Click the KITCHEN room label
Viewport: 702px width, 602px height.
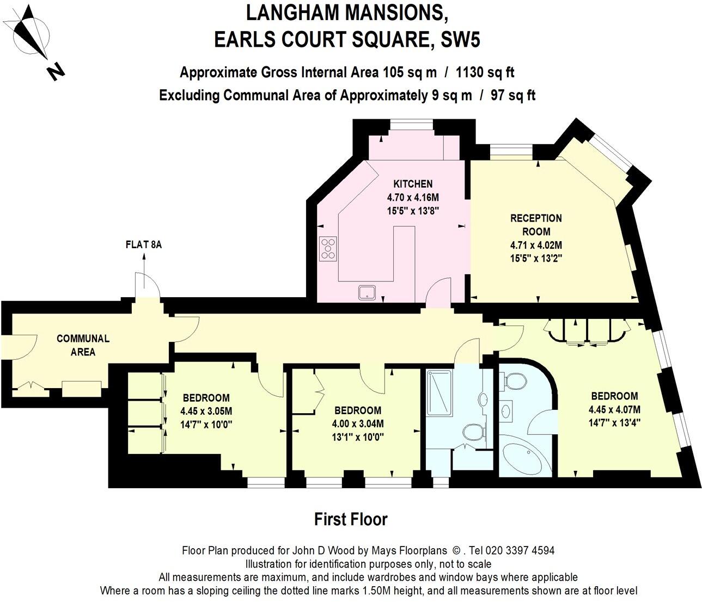(412, 184)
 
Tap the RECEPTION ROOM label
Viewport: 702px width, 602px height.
(536, 225)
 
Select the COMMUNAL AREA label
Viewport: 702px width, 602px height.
(83, 345)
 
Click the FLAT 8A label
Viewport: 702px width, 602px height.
(144, 244)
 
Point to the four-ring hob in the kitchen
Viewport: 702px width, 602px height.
(328, 248)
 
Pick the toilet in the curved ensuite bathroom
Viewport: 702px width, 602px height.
(514, 382)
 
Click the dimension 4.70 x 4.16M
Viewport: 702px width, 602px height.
(412, 197)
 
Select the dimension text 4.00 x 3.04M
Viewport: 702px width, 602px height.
(358, 423)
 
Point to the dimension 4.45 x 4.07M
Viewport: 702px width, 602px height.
(614, 409)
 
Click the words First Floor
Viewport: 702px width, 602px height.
(351, 519)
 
